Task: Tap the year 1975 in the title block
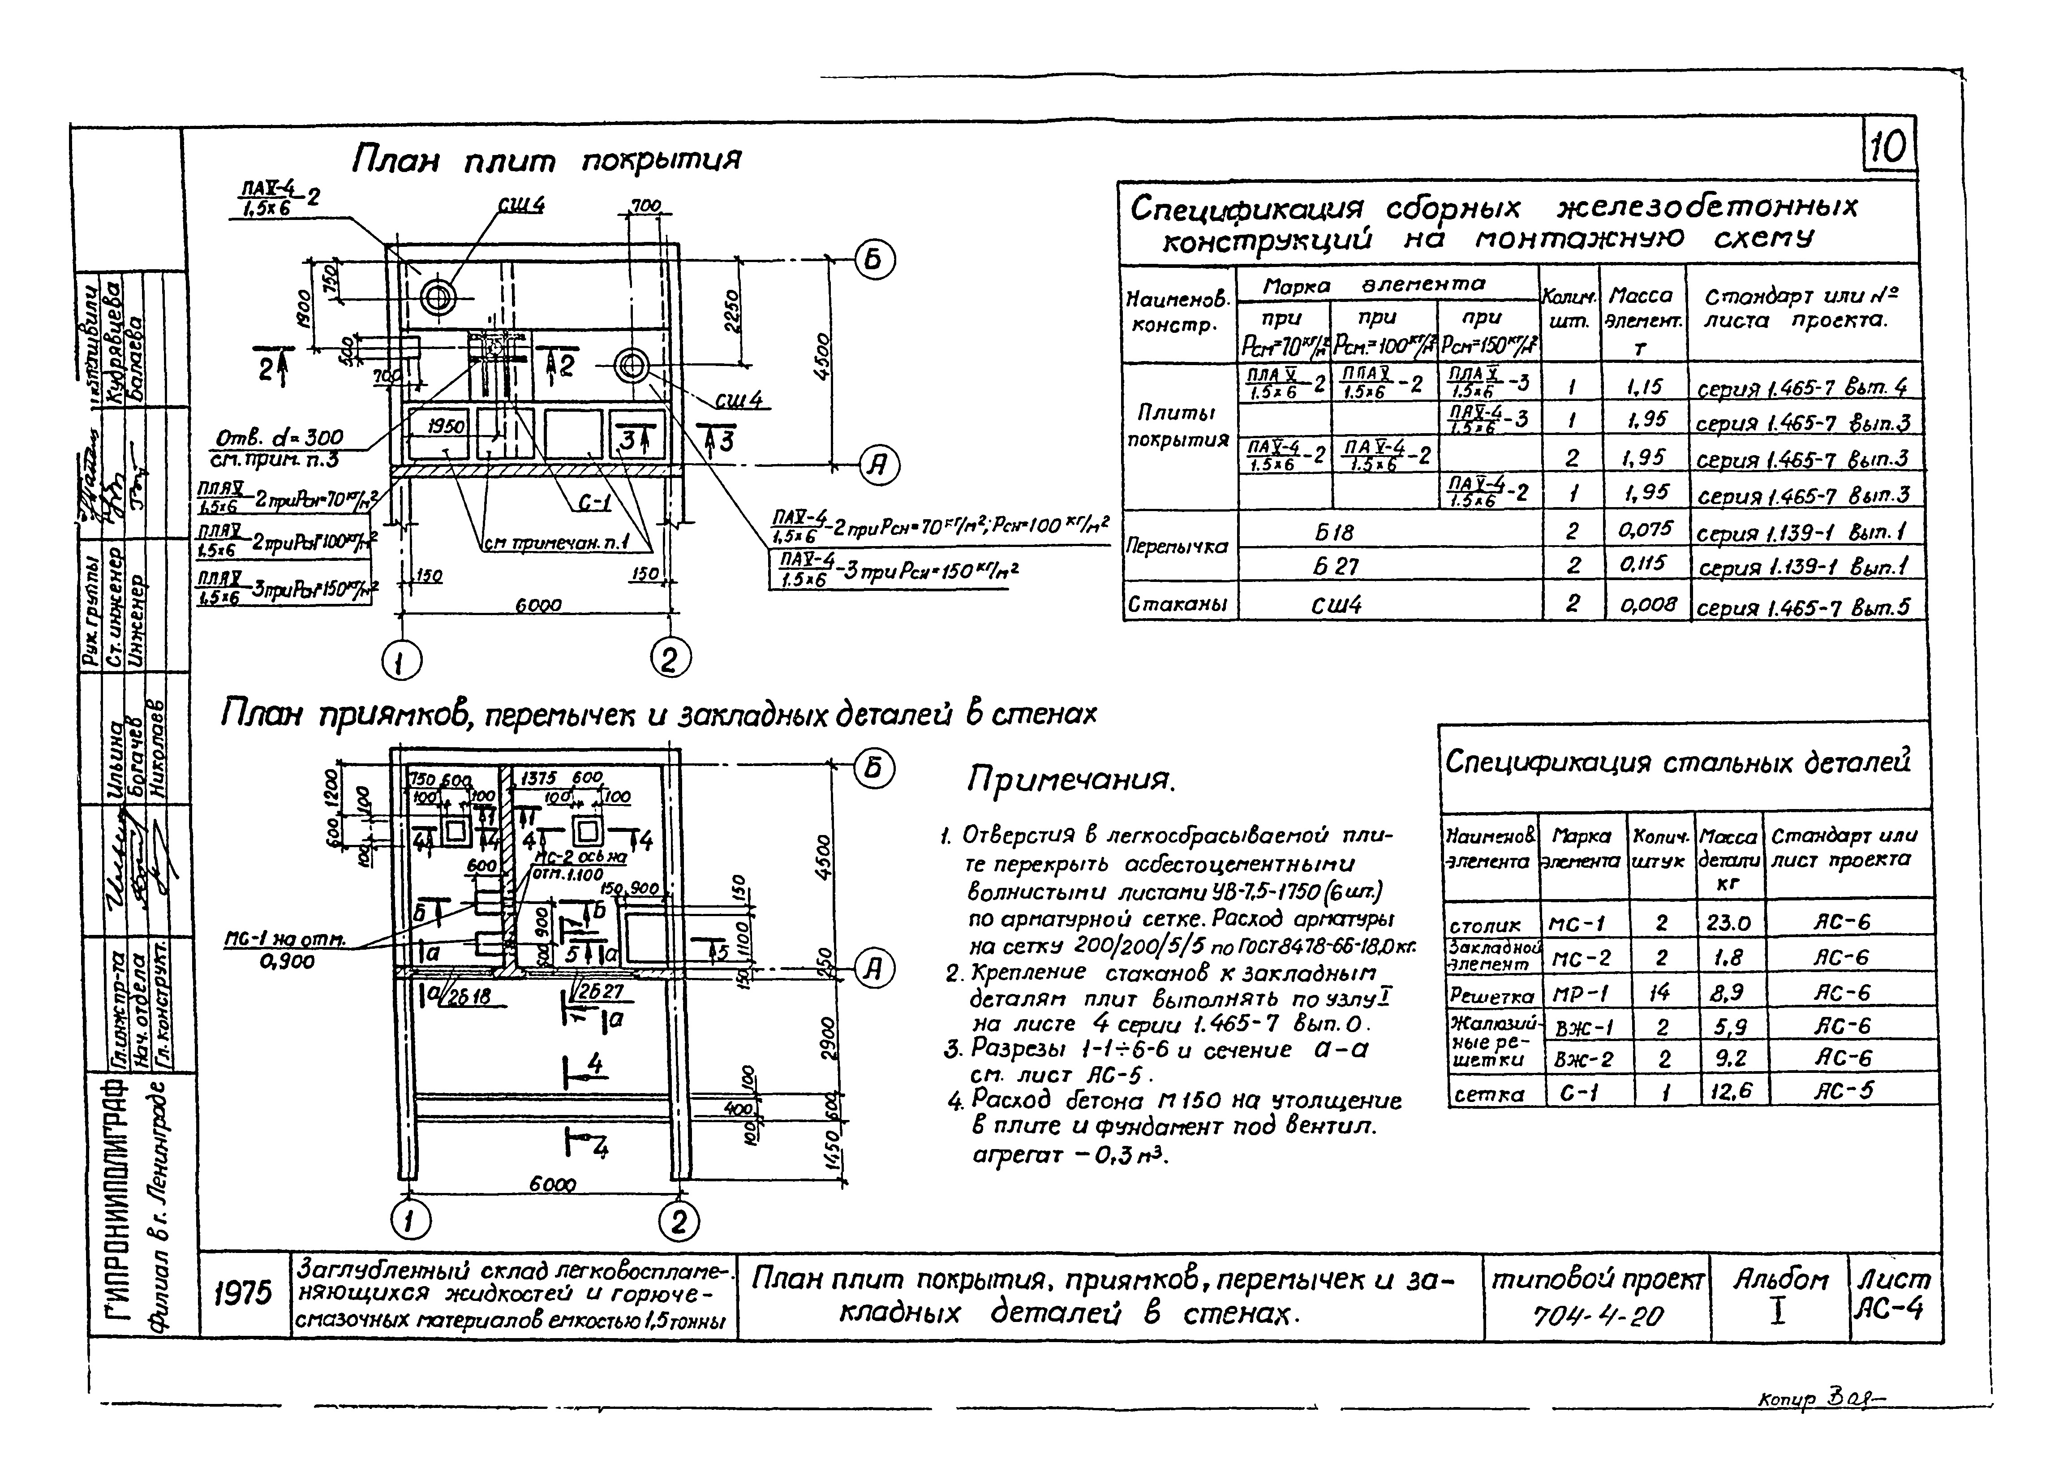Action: tap(244, 1293)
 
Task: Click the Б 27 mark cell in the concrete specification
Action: tap(1335, 566)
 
